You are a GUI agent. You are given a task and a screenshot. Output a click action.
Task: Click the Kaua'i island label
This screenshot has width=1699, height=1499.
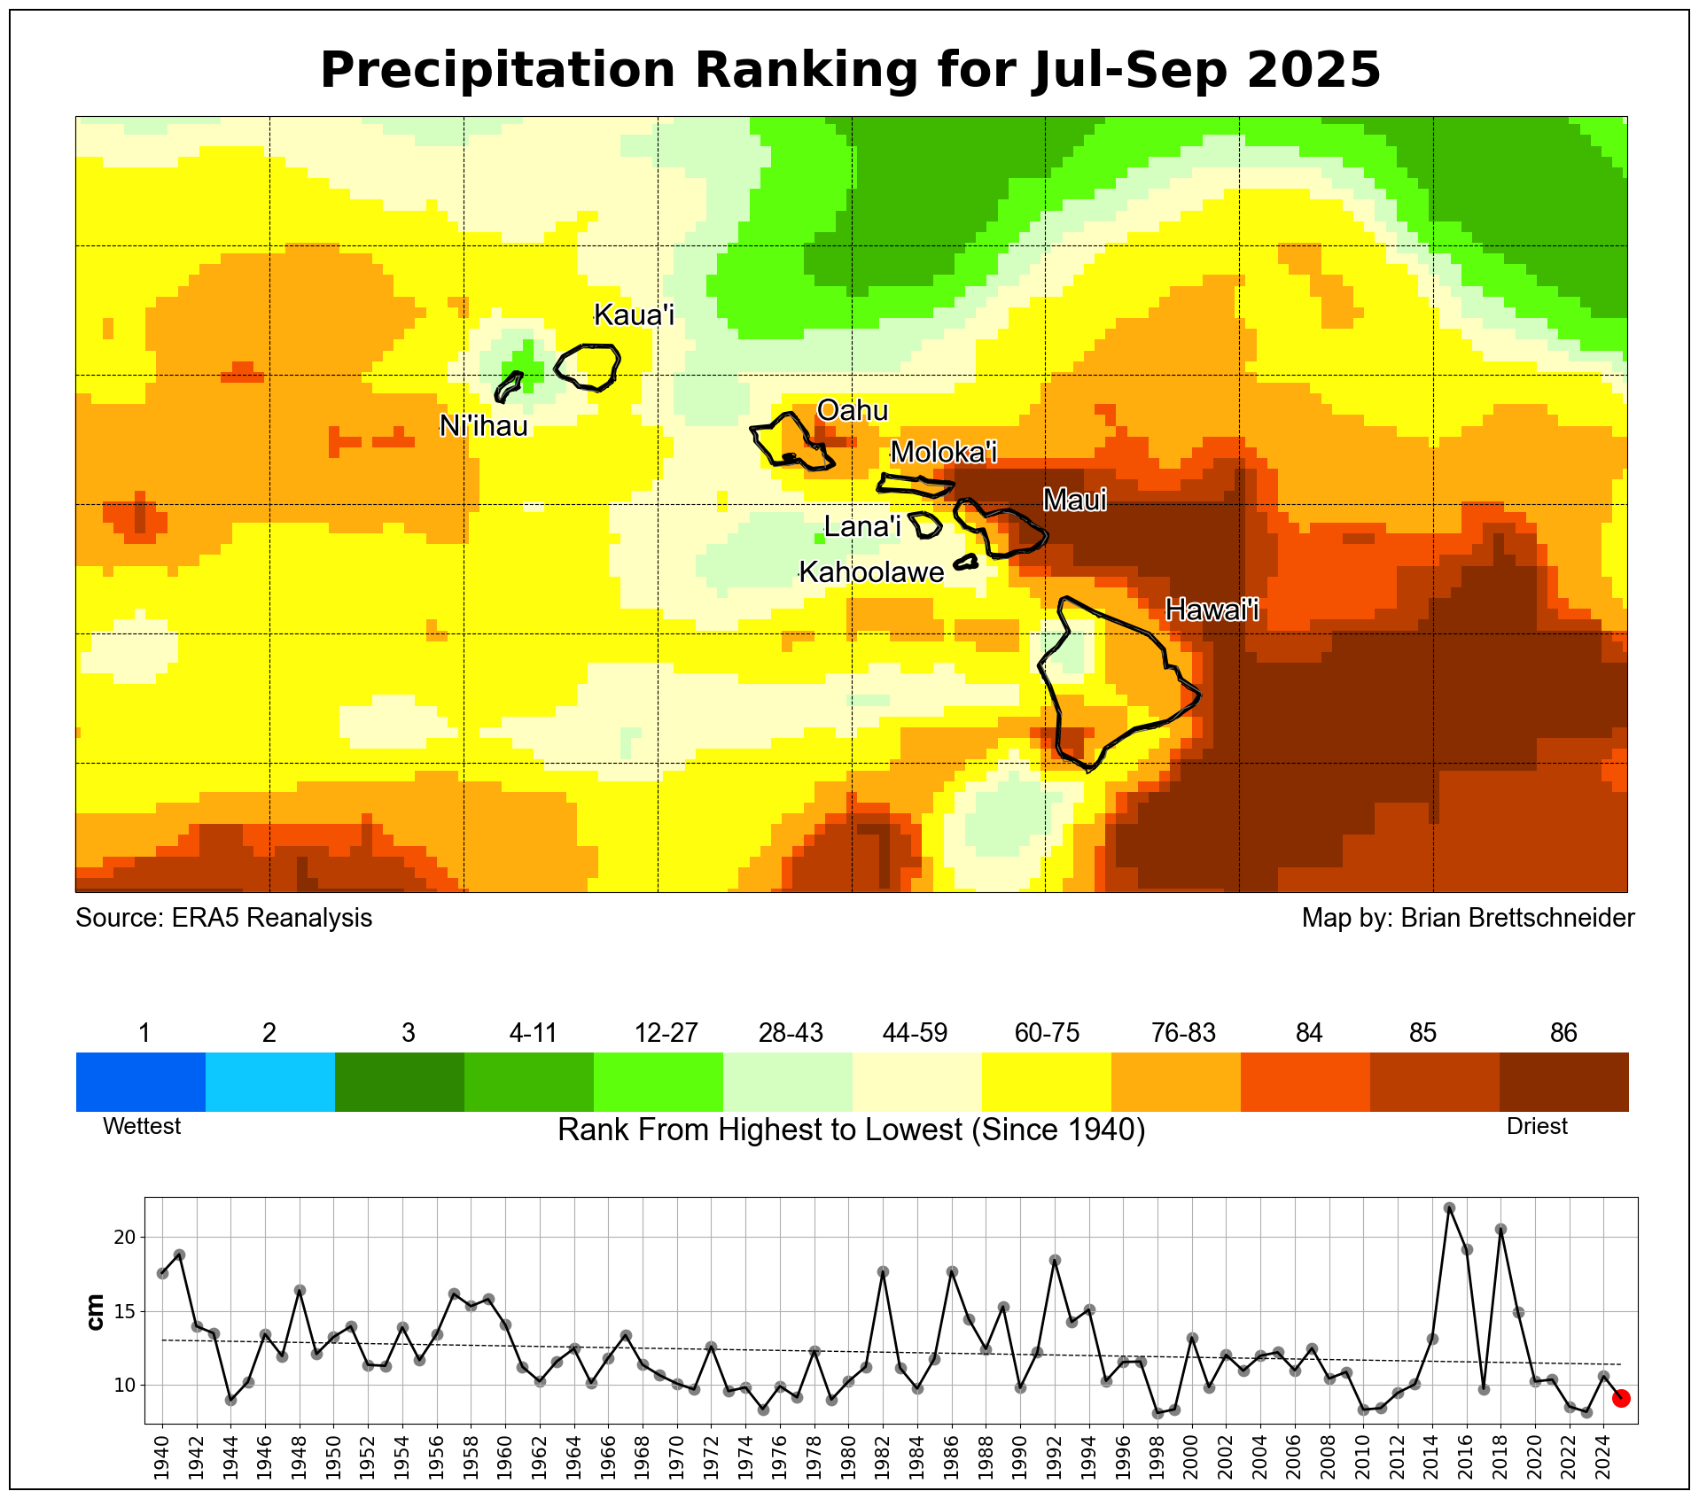[x=634, y=315]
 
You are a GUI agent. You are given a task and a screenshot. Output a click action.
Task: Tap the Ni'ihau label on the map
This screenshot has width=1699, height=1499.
[x=484, y=426]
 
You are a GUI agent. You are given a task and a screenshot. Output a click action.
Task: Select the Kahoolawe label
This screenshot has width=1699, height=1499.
[x=871, y=572]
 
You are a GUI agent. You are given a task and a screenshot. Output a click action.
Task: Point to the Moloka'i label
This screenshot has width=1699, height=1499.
[x=944, y=452]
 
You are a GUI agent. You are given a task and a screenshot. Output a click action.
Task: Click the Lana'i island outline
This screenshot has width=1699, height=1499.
[x=925, y=524]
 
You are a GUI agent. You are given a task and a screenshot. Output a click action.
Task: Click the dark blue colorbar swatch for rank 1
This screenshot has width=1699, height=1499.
[x=140, y=1081]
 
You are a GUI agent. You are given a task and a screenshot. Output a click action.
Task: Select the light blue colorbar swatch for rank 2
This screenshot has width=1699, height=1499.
[x=269, y=1081]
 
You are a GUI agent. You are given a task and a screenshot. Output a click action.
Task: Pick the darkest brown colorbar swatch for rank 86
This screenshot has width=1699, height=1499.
[x=1563, y=1081]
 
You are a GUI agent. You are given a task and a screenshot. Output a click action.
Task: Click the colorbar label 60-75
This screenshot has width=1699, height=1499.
[x=1047, y=1033]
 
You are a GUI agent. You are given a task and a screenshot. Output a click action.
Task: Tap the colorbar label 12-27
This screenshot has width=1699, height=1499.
[x=666, y=1033]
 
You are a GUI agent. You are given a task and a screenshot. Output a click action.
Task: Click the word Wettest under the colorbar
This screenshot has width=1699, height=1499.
[x=142, y=1126]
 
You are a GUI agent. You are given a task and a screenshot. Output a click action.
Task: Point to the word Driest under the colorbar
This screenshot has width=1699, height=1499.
[x=1537, y=1126]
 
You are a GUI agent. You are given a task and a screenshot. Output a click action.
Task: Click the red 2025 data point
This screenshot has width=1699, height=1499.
[x=1621, y=1398]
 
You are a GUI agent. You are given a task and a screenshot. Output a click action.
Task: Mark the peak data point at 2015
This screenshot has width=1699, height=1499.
[x=1449, y=1208]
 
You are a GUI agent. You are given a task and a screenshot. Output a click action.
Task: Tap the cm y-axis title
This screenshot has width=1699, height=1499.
[x=95, y=1311]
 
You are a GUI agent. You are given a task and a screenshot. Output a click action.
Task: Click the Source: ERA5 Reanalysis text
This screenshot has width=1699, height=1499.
[x=223, y=918]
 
